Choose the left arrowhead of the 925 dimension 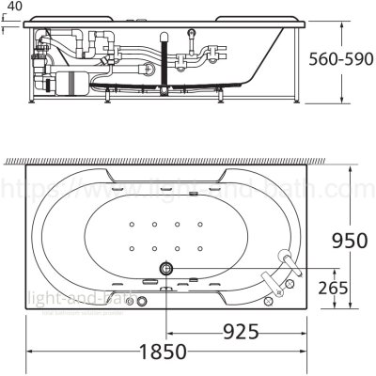tap(170, 331)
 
